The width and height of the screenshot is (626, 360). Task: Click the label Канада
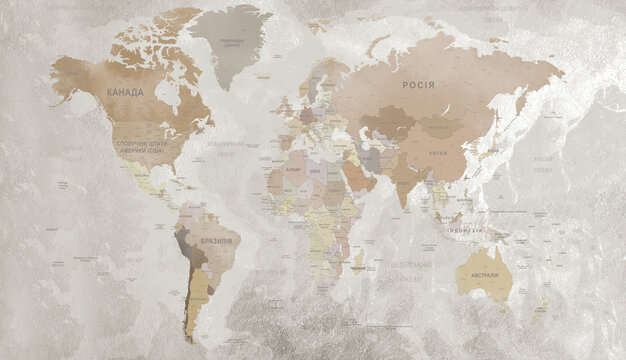tap(125, 92)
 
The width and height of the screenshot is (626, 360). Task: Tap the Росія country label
tap(418, 84)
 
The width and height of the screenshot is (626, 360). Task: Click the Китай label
tap(438, 153)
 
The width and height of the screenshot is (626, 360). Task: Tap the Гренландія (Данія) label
tap(229, 42)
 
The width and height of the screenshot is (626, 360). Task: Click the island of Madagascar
tap(359, 261)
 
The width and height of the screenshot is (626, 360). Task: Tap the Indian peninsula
tap(403, 190)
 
